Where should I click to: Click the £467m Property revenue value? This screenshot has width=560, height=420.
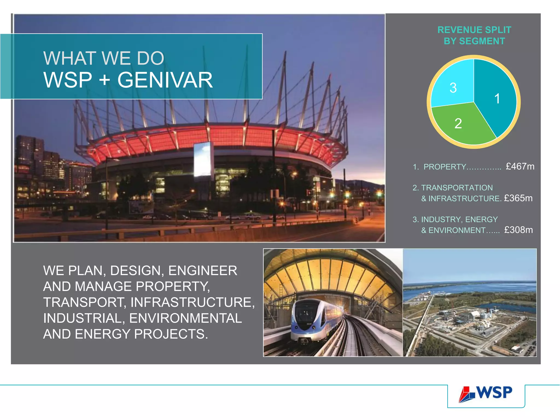[x=520, y=166]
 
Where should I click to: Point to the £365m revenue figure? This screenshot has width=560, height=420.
[x=518, y=198]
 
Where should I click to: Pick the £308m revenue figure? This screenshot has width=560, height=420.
[x=518, y=230]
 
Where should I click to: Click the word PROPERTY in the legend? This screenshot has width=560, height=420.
[x=445, y=167]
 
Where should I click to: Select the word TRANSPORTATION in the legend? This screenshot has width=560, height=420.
[x=457, y=188]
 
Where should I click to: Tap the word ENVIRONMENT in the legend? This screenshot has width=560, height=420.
[x=457, y=231]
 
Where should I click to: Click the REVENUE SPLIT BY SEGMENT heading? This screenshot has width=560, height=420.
[x=474, y=35]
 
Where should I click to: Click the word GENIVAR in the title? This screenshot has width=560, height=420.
[x=165, y=80]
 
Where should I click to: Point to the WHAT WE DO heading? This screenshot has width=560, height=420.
[x=104, y=58]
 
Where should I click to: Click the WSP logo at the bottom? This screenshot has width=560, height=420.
[x=486, y=394]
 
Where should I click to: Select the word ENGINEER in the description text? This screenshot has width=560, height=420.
[x=203, y=271]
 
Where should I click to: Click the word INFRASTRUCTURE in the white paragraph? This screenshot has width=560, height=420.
[x=192, y=302]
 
